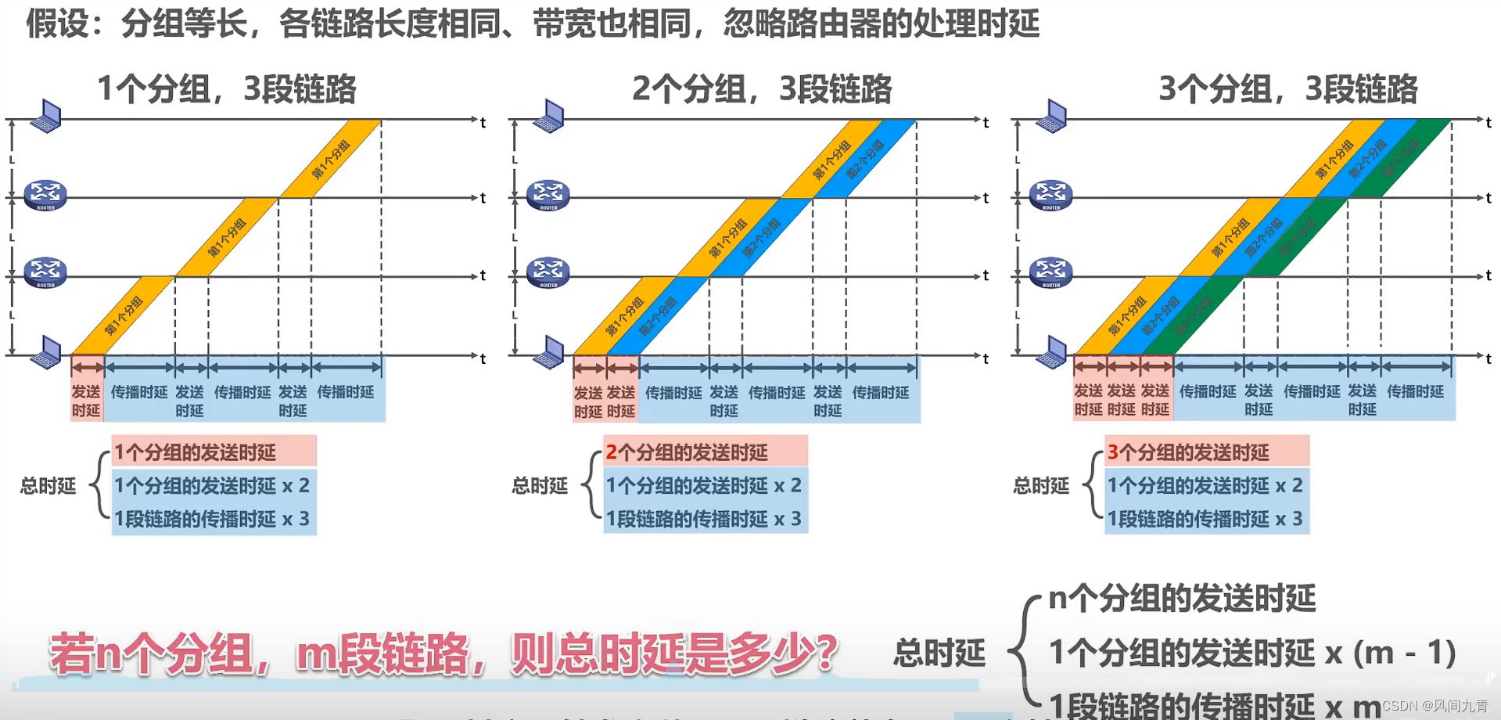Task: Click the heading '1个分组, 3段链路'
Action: pyautogui.click(x=226, y=89)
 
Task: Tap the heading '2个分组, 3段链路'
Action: pyautogui.click(x=761, y=89)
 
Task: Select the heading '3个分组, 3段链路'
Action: pyautogui.click(x=1287, y=89)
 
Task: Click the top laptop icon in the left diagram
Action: pyautogui.click(x=46, y=117)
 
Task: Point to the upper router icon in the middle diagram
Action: pyautogui.click(x=548, y=195)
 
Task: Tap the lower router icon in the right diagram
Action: pyautogui.click(x=1050, y=272)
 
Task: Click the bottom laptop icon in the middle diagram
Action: pyautogui.click(x=549, y=352)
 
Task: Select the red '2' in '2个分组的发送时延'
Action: pyautogui.click(x=612, y=452)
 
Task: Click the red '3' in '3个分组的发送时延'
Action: pyautogui.click(x=1112, y=452)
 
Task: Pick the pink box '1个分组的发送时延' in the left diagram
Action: pyautogui.click(x=214, y=452)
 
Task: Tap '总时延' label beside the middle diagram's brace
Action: pyautogui.click(x=539, y=486)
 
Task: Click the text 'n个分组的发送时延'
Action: pyautogui.click(x=1182, y=599)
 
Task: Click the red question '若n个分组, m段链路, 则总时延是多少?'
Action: pyautogui.click(x=443, y=653)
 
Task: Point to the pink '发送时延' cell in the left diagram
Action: pyautogui.click(x=86, y=401)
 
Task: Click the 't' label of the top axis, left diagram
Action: pyautogui.click(x=483, y=122)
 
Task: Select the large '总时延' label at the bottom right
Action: pyautogui.click(x=939, y=653)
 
